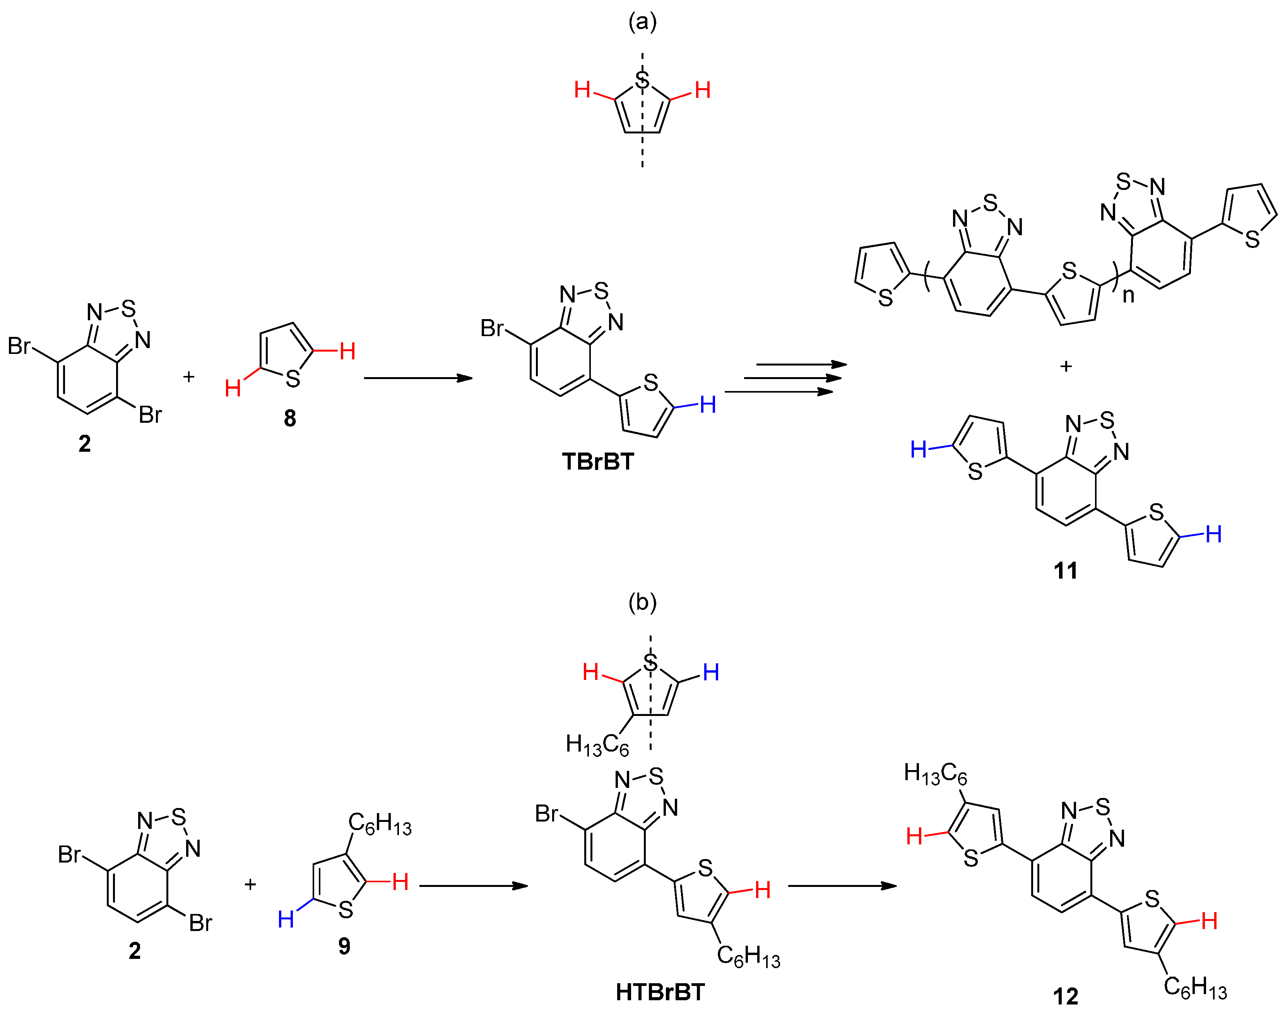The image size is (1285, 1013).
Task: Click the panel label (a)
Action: tap(642, 22)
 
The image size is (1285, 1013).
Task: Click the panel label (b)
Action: tap(642, 603)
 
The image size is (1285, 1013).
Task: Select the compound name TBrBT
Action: tap(598, 462)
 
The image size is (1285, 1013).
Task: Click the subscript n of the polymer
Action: tap(1128, 295)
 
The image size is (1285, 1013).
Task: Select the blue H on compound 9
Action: tap(286, 920)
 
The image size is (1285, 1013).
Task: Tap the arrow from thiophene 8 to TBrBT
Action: tap(418, 378)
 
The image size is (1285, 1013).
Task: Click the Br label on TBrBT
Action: tap(492, 328)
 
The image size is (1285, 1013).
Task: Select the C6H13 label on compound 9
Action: tap(380, 824)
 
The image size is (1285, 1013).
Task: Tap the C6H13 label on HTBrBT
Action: tap(749, 956)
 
